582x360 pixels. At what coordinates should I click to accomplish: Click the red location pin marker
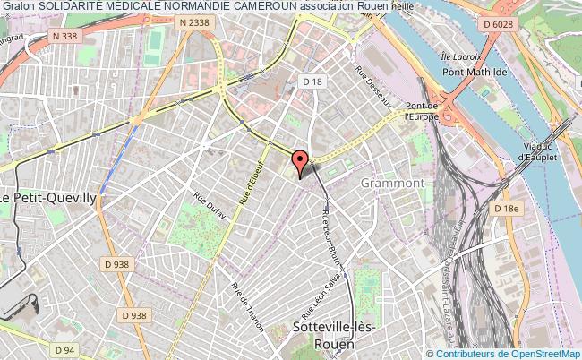point(301,161)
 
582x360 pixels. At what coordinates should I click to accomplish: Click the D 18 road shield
point(312,82)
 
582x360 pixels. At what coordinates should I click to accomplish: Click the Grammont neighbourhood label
point(392,183)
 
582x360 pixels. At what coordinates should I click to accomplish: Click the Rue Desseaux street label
point(373,89)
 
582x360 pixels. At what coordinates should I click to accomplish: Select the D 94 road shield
point(63,349)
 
